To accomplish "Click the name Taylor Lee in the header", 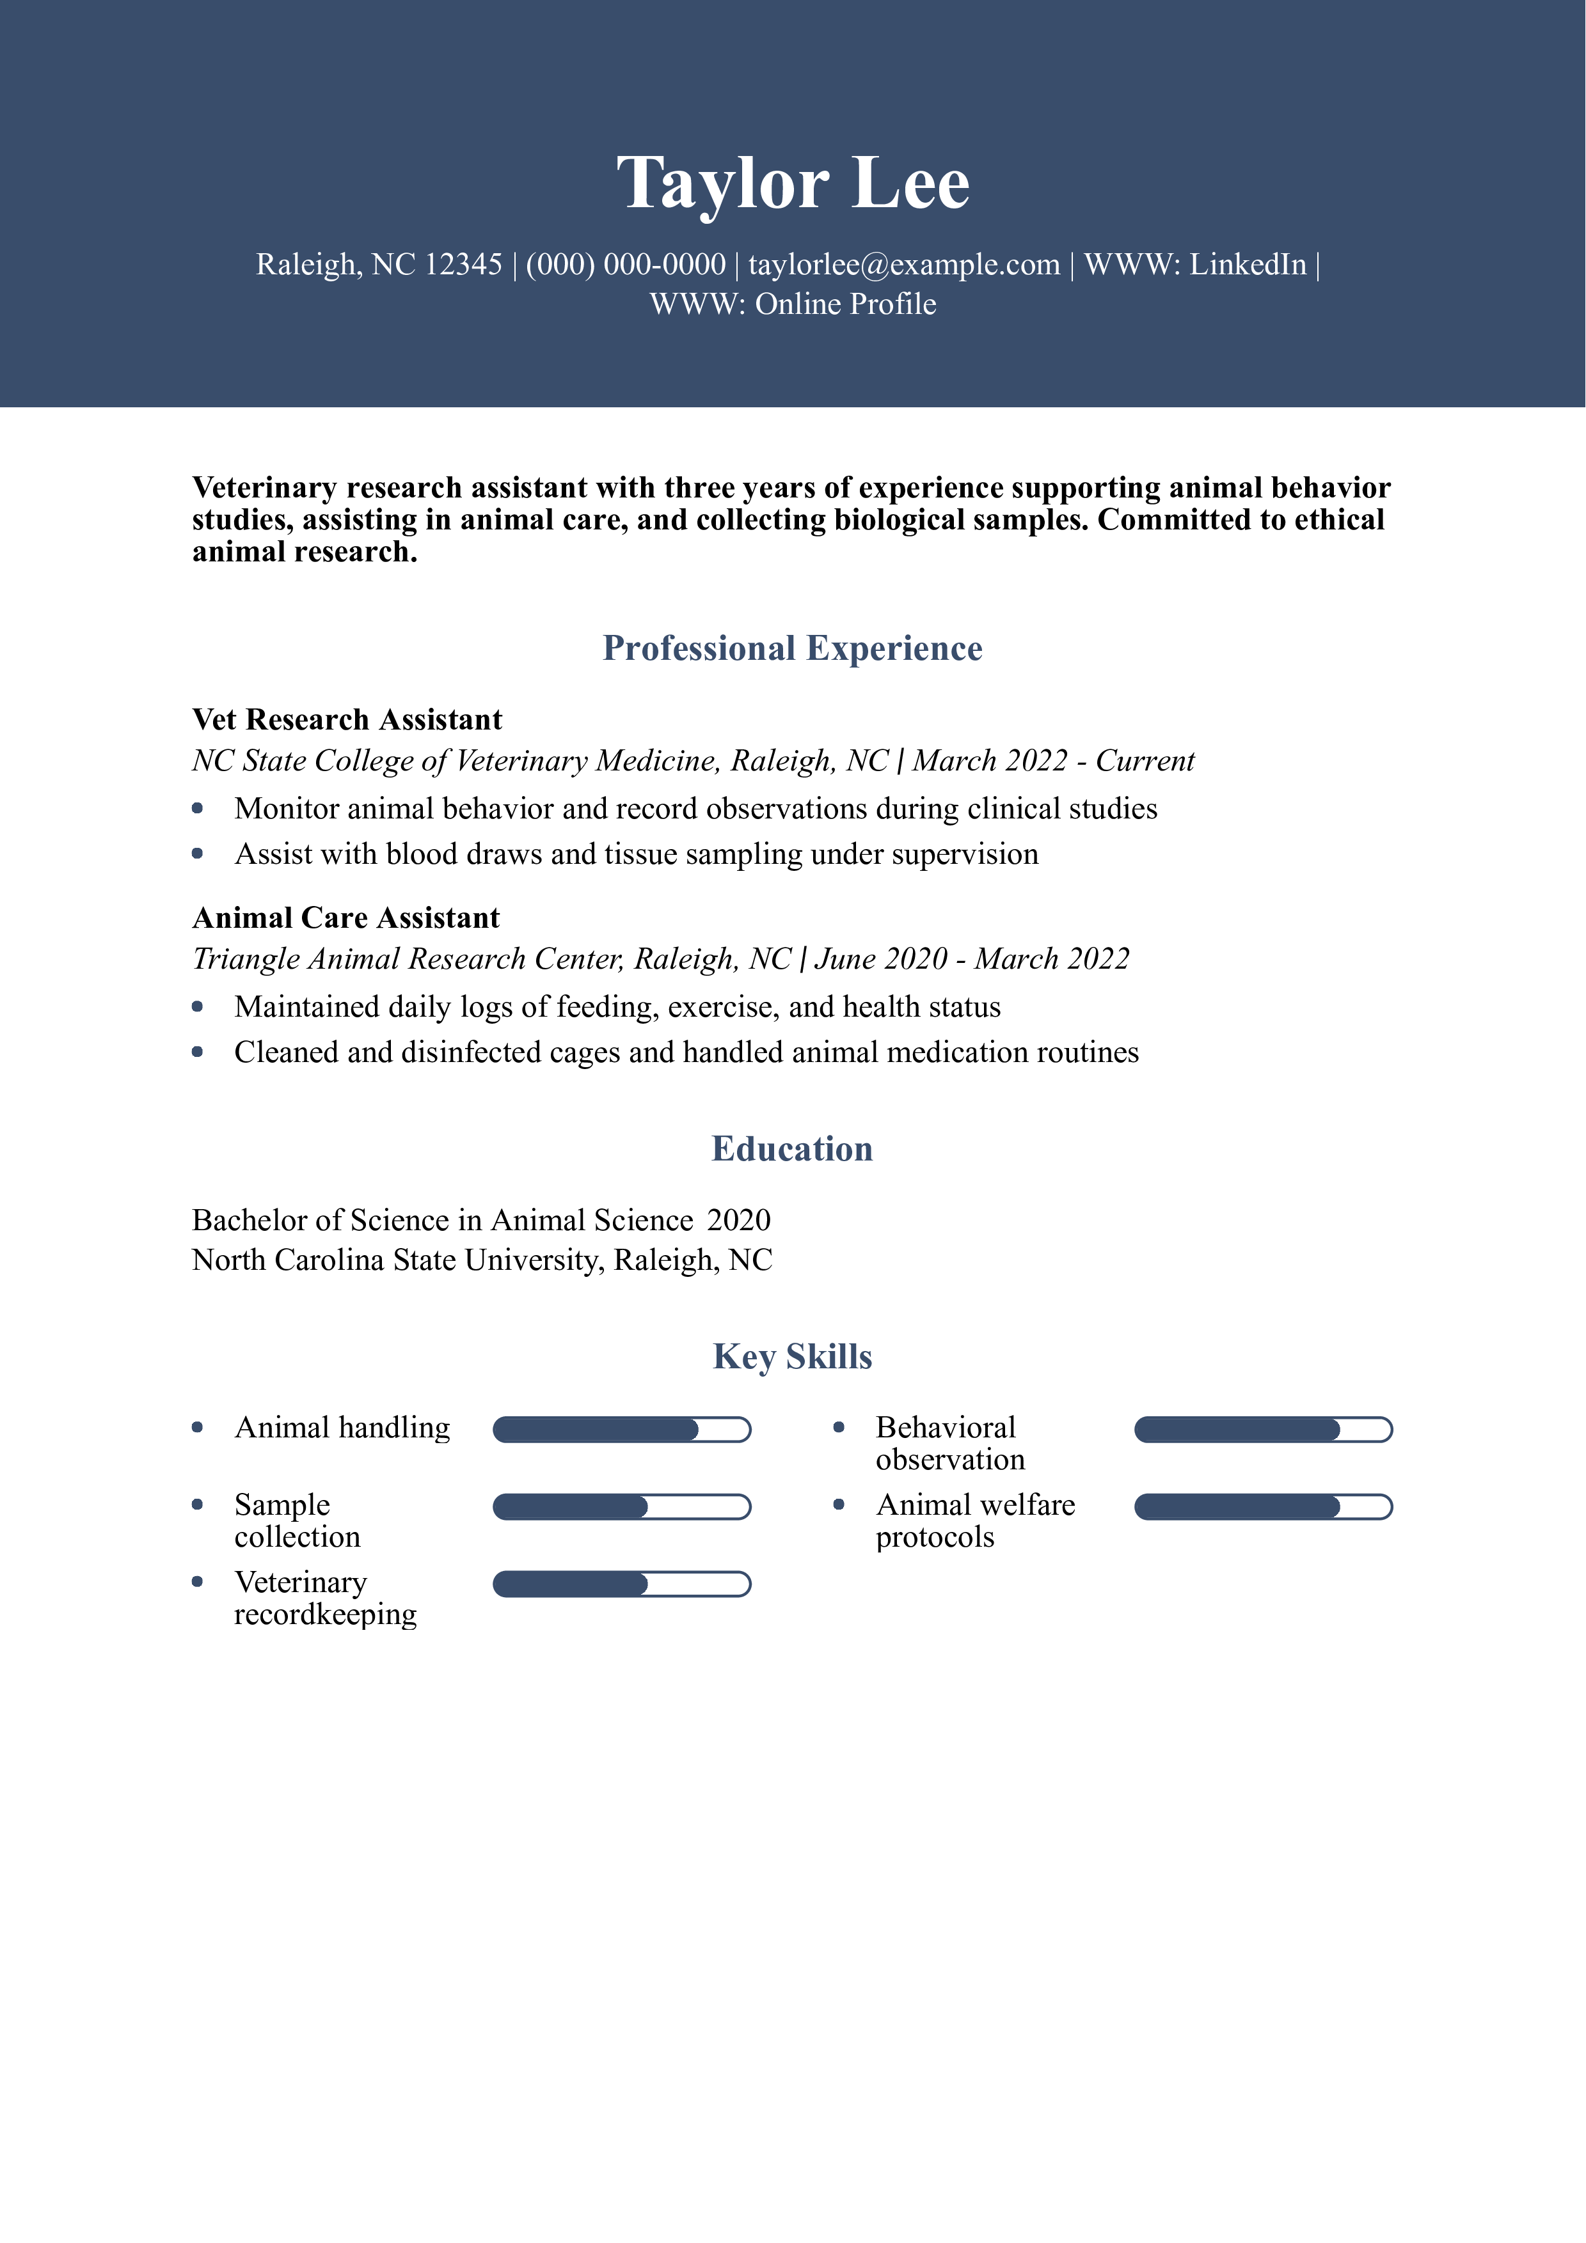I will [793, 184].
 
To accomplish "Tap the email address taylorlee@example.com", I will [904, 265].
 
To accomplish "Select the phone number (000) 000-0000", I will [626, 265].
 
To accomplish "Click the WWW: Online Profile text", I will [793, 305].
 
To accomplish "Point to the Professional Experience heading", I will [793, 649].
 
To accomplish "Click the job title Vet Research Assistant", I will [347, 720].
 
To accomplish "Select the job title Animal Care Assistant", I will [346, 918].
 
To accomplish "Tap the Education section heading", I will [793, 1149].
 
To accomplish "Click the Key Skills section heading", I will [793, 1357].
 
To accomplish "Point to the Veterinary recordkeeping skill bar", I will [621, 1584].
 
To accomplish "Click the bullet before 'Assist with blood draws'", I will [198, 854].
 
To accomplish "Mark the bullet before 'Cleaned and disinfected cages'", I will [198, 1052].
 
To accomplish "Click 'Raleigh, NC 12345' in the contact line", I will [379, 265].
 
